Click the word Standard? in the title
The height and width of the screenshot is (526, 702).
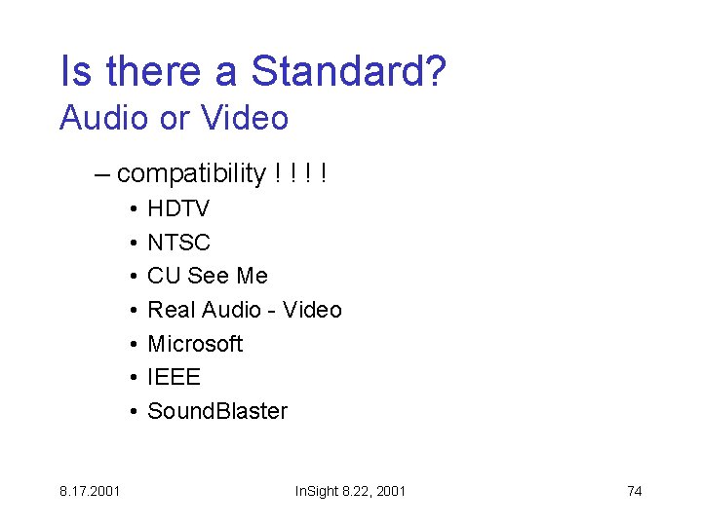click(349, 71)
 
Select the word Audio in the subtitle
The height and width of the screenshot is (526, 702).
click(104, 118)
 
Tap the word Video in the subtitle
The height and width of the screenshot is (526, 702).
click(245, 118)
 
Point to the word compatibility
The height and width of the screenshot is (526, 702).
click(191, 173)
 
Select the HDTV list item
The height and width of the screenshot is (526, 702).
click(178, 208)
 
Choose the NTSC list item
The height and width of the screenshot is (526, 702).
click(178, 243)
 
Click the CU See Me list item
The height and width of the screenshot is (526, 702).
click(207, 276)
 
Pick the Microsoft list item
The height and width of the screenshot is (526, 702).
click(195, 344)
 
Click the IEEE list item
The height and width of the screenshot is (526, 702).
click(174, 377)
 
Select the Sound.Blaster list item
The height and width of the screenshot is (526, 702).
click(217, 411)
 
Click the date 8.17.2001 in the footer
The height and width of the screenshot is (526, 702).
click(90, 491)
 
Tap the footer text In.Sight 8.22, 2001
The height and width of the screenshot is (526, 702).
click(350, 491)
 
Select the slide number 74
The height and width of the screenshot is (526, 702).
click(634, 491)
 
